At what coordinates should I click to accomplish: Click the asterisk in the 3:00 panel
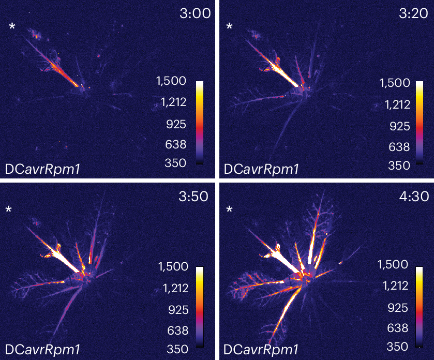[12, 26]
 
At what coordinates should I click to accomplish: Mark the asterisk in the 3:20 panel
[230, 26]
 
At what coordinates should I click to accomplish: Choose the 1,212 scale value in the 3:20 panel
[395, 104]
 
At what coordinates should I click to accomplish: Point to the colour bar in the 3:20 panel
[420, 122]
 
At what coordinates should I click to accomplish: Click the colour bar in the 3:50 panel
[200, 306]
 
